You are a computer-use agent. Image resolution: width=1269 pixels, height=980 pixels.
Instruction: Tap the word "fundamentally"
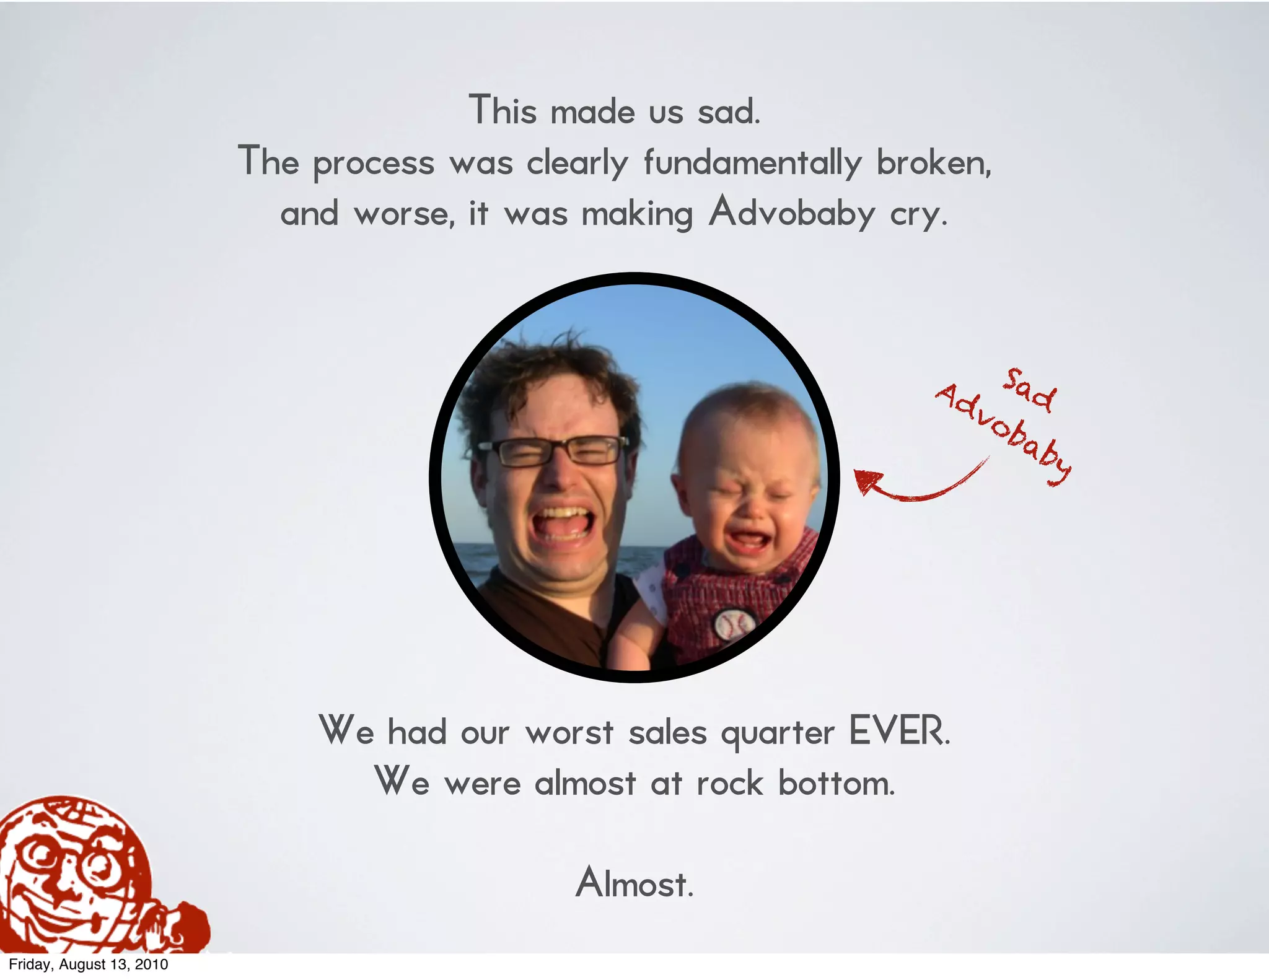coord(752,163)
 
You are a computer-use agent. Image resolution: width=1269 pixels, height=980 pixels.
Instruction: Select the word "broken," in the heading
coord(933,163)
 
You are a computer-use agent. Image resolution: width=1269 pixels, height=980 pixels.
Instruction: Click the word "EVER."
coord(899,732)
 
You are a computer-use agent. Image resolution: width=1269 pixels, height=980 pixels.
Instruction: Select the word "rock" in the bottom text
coord(729,783)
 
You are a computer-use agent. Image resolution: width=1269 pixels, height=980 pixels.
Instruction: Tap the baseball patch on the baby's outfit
coord(735,624)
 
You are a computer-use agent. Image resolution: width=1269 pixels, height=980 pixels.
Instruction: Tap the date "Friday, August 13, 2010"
coord(89,965)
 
